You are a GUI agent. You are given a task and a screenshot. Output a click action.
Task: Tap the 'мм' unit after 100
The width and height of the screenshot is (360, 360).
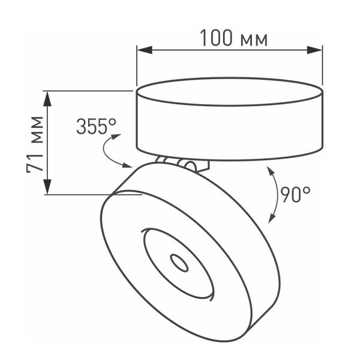(253, 40)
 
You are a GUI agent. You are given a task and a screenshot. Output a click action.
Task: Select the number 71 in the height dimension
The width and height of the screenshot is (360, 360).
(37, 163)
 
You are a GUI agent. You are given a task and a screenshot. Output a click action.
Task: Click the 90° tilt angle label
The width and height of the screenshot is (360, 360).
(296, 193)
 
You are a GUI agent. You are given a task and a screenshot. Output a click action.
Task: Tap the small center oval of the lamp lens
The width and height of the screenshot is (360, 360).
(178, 262)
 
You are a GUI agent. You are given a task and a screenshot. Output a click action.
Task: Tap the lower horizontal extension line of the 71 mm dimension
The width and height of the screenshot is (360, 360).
(90, 194)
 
